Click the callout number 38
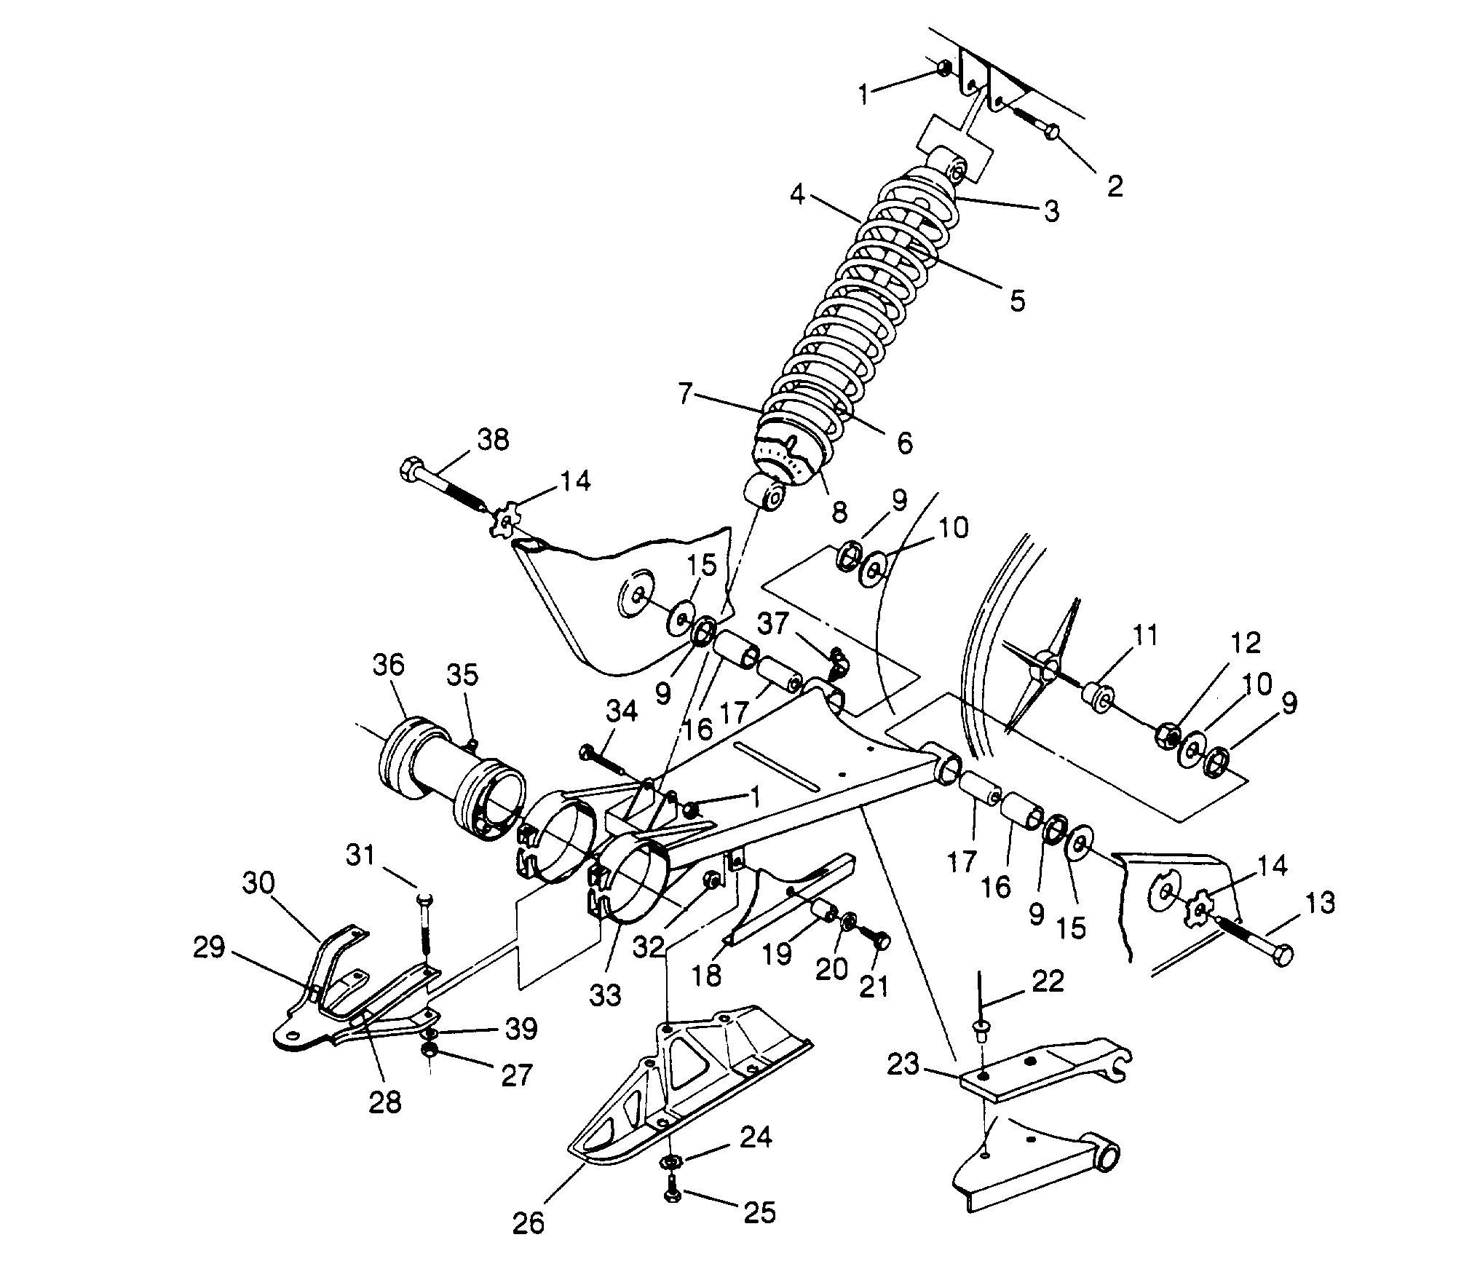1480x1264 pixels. [x=493, y=441]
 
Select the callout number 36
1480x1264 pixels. [x=389, y=666]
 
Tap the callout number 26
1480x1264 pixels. [x=528, y=1223]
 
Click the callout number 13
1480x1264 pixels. [x=1319, y=904]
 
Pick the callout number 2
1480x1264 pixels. [x=1115, y=186]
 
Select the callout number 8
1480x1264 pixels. [x=839, y=511]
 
